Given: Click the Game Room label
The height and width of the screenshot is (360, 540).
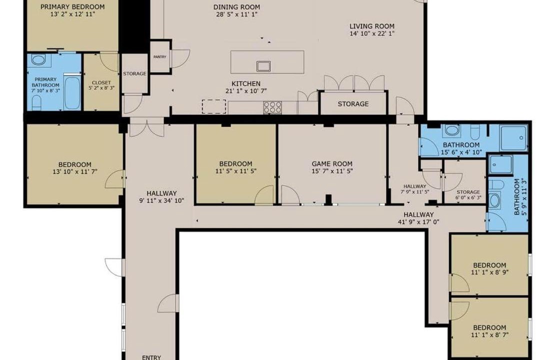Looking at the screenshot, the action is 332,164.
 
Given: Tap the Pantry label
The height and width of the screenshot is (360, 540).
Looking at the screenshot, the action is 160,57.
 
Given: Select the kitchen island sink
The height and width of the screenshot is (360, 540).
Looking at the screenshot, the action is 263,66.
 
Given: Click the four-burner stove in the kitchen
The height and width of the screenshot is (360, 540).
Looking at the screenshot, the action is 273,107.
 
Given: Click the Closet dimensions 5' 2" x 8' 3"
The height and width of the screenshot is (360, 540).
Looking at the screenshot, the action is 101,88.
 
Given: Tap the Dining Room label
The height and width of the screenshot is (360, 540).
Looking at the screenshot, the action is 236,7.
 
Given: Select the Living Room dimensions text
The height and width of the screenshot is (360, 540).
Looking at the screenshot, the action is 372,33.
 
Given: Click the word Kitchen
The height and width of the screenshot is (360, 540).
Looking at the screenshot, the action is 246,83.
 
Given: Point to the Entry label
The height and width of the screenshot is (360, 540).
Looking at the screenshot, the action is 151,357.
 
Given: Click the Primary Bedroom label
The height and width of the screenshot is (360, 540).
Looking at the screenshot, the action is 72,6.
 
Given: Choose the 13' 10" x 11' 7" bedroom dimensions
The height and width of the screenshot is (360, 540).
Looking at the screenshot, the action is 74,171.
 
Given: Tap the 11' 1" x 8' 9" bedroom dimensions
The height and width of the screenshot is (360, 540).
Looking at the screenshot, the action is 489,272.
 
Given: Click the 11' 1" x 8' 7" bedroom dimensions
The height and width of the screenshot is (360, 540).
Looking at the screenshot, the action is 489,334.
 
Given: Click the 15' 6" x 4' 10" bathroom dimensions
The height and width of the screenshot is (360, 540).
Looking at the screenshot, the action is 461,152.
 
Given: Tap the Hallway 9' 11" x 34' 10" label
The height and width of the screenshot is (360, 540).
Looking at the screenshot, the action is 161,196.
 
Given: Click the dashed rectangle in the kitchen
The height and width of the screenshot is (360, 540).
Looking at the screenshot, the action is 214,106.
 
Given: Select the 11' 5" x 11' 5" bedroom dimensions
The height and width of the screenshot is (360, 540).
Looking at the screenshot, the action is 236,171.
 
